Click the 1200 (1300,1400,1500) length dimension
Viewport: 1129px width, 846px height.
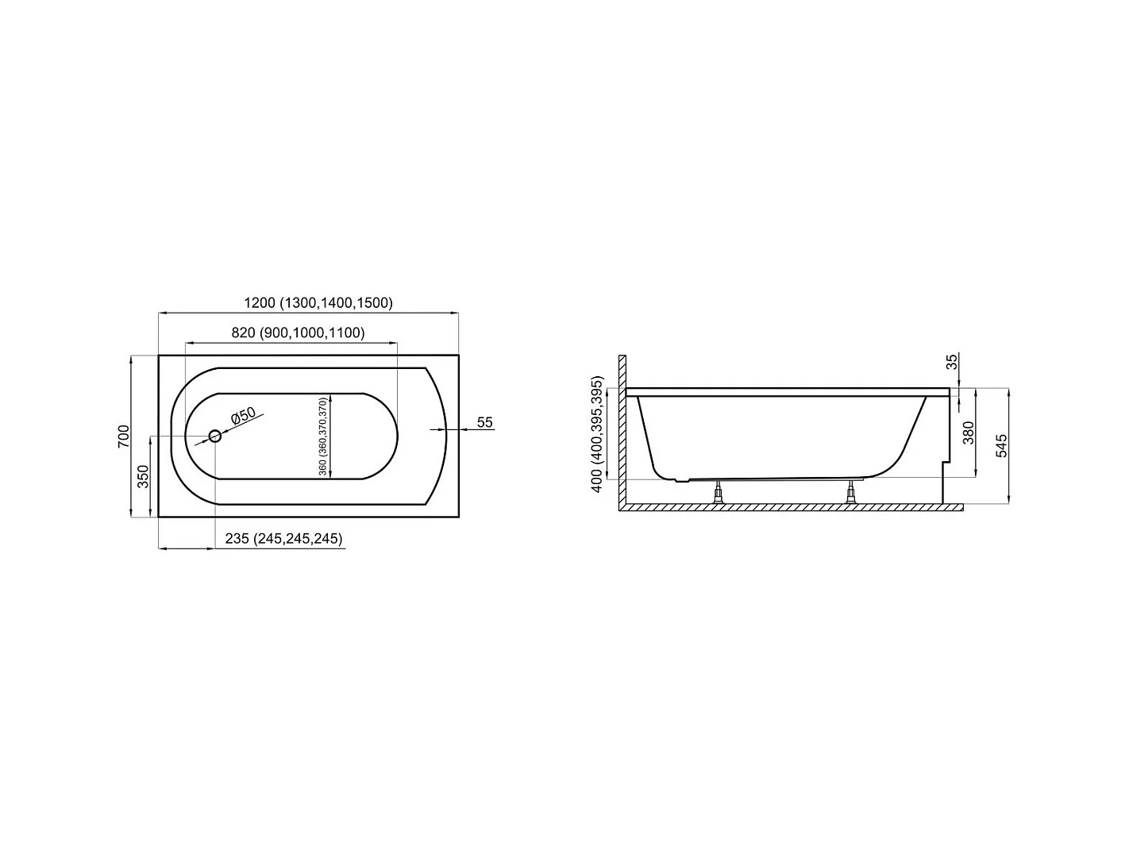318,302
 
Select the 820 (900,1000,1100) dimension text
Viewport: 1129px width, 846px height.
298,333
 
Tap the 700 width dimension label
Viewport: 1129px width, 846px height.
123,436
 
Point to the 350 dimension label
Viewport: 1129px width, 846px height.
144,476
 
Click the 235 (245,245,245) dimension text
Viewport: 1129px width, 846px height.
283,538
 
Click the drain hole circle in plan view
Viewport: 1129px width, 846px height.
214,436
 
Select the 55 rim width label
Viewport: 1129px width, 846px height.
485,422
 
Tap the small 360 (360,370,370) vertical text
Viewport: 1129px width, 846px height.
322,436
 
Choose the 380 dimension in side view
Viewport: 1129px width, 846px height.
969,433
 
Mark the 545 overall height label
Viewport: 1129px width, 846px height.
1001,446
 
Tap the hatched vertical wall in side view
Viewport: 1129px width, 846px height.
623,429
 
